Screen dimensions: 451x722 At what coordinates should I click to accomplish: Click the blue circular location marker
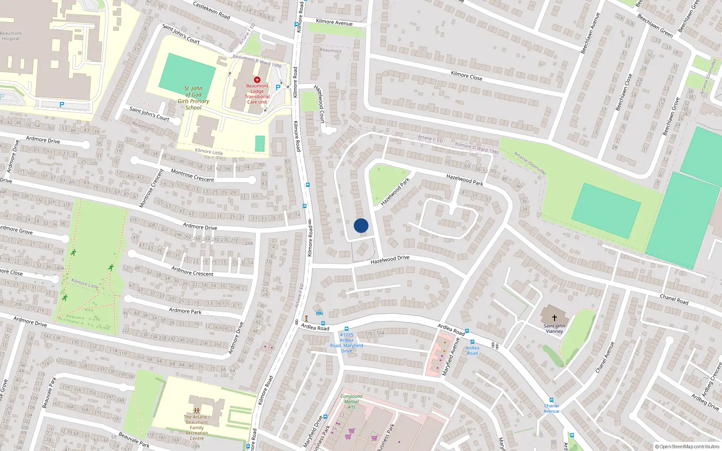click(x=361, y=225)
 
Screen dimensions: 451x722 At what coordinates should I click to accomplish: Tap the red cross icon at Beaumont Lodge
click(x=257, y=80)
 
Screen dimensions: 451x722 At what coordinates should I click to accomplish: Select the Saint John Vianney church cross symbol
click(x=554, y=318)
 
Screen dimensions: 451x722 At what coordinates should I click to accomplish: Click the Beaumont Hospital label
click(x=10, y=36)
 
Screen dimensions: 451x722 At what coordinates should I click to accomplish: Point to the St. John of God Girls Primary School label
click(x=193, y=98)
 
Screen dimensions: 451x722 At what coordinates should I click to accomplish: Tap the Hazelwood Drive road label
click(x=390, y=259)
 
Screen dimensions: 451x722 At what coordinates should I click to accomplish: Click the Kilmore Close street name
click(x=466, y=76)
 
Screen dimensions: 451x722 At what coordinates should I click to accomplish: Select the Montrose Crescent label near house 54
click(x=192, y=175)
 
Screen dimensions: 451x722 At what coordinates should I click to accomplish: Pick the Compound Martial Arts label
click(x=352, y=401)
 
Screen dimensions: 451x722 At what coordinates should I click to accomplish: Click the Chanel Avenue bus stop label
click(x=551, y=408)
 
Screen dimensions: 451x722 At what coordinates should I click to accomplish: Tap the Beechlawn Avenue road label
click(x=590, y=33)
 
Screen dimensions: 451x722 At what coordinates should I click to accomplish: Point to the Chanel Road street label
click(x=674, y=299)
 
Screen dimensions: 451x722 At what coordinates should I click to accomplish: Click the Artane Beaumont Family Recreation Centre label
click(x=197, y=428)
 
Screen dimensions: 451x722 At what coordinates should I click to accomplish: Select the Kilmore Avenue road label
click(x=334, y=22)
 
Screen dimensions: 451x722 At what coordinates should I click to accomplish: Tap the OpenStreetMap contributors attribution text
click(x=687, y=446)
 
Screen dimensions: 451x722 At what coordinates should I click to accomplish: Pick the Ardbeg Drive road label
click(x=705, y=402)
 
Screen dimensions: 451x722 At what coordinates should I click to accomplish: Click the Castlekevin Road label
click(x=211, y=9)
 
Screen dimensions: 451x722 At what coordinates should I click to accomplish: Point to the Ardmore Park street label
click(x=185, y=311)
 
